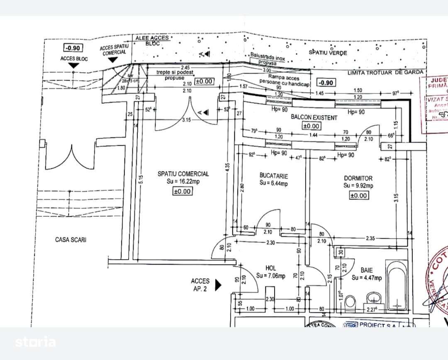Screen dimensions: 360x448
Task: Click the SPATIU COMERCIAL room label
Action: (183, 174)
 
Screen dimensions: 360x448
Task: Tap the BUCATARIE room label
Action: (274, 176)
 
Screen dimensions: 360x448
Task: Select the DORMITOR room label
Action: (358, 178)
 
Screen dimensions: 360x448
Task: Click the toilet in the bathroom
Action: (350, 302)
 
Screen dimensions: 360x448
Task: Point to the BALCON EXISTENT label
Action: (314, 117)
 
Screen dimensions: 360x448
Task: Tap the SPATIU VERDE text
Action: (328, 53)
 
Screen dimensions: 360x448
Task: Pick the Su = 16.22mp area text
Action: (183, 182)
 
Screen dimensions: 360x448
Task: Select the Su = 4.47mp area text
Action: (367, 278)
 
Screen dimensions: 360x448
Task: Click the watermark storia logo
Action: (35, 342)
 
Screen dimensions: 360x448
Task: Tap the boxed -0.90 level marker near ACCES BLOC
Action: (73, 48)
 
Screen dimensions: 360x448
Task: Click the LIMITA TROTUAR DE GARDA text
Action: (385, 72)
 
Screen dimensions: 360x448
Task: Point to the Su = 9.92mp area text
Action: (358, 186)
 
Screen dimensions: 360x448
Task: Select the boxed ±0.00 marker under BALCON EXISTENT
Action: (311, 126)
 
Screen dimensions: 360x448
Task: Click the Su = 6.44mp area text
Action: (274, 183)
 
